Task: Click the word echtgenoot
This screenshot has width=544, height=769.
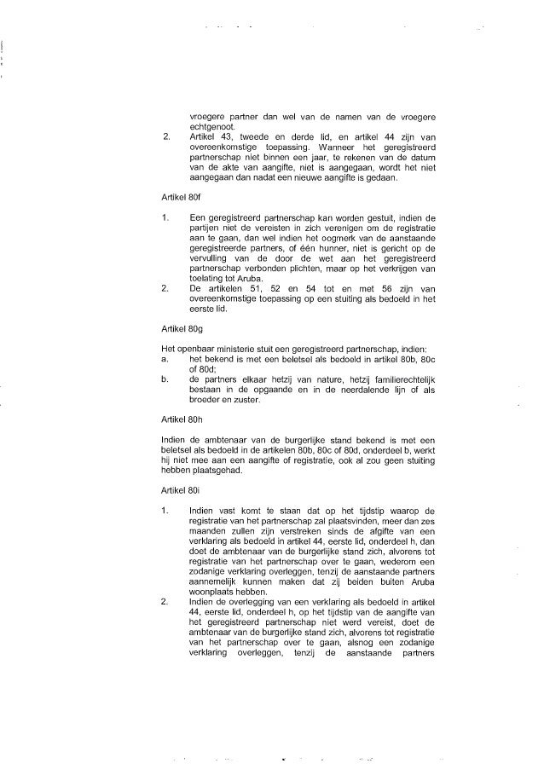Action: click(212, 126)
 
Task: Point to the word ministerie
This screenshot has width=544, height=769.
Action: click(236, 347)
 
